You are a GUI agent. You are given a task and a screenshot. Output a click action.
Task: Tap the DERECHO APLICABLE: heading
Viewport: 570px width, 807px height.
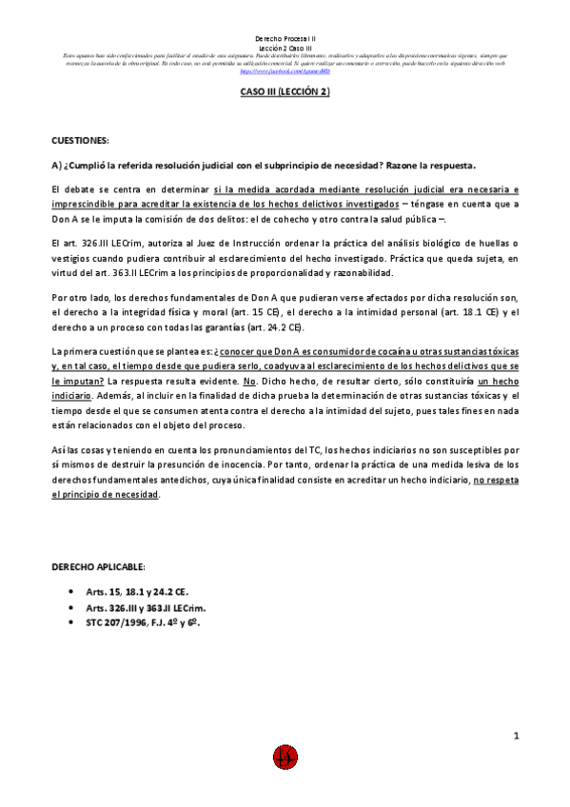(98, 566)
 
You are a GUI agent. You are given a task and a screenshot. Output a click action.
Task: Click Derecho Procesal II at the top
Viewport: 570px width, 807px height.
(285, 32)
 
